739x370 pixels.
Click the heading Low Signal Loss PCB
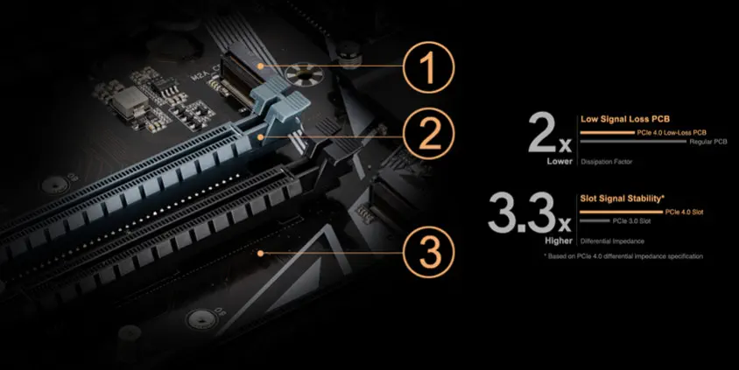[625, 119]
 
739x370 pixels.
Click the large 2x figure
[550, 134]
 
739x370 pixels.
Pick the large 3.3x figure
[530, 213]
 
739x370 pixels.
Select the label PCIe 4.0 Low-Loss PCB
[672, 133]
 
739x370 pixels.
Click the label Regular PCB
[708, 142]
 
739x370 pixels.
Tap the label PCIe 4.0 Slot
[685, 213]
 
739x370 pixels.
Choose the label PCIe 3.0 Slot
[631, 220]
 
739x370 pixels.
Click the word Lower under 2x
[560, 161]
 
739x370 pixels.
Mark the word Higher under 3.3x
[559, 241]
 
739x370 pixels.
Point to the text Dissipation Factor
[607, 162]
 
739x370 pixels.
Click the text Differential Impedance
[612, 241]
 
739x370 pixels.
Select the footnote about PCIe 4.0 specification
[623, 256]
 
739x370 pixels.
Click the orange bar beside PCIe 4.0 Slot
[621, 213]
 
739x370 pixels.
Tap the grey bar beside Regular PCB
[633, 141]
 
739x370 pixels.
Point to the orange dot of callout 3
[260, 254]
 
